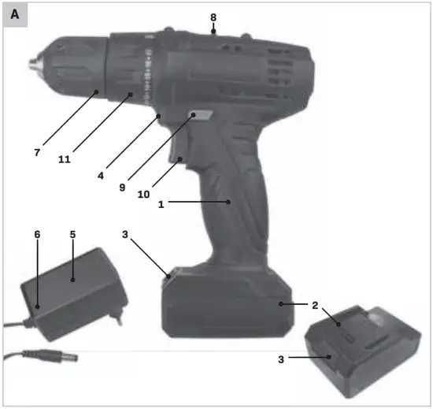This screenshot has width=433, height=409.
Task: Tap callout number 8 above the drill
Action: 213,16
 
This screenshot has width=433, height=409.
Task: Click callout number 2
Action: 316,303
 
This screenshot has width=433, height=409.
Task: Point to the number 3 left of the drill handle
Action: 125,234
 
